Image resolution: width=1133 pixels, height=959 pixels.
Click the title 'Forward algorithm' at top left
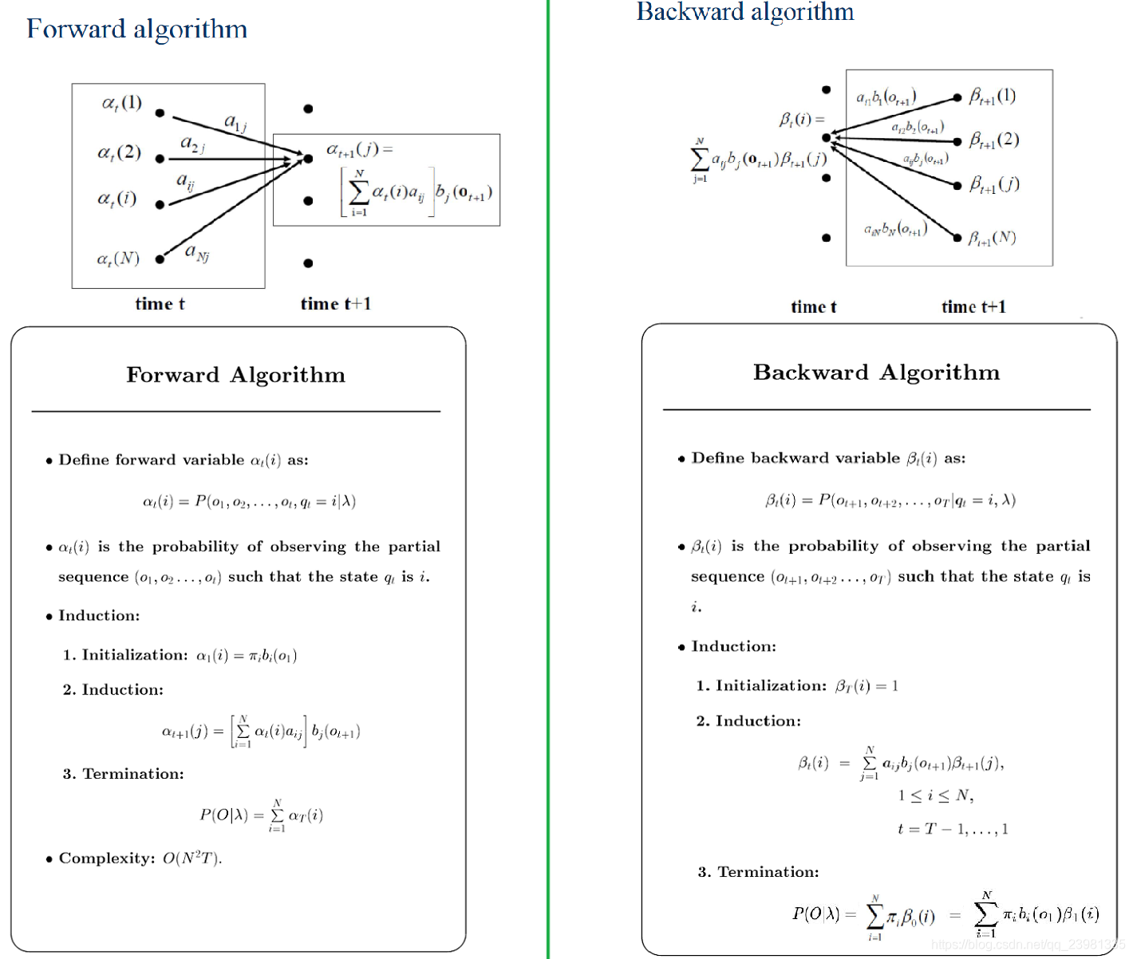(x=136, y=30)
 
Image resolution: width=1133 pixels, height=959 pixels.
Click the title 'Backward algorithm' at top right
(x=744, y=12)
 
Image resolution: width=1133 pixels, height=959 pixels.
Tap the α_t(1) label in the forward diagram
(x=122, y=103)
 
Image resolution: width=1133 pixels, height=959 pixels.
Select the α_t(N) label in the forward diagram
(x=118, y=258)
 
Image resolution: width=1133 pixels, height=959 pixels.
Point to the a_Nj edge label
(x=197, y=253)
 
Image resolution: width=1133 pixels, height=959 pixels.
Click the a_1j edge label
(x=235, y=122)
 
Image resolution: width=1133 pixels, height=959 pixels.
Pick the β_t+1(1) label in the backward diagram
(x=993, y=97)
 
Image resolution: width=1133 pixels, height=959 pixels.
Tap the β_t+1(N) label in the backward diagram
(x=992, y=238)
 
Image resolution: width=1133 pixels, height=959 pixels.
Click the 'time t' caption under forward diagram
(x=160, y=304)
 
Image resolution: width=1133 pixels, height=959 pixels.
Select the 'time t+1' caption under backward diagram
(x=973, y=307)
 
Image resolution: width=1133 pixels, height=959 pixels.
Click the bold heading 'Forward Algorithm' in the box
(x=235, y=375)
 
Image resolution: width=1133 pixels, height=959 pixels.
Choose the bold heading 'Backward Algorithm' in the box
(x=876, y=373)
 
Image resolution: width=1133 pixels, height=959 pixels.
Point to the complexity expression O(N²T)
(x=192, y=858)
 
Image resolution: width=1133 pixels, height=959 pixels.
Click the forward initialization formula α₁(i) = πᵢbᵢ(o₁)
(x=247, y=656)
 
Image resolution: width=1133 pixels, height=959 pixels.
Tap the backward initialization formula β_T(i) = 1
(x=867, y=686)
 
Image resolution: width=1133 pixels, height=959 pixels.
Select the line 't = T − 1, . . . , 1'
(x=953, y=829)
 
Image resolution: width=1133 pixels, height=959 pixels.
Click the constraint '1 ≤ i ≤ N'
(x=935, y=795)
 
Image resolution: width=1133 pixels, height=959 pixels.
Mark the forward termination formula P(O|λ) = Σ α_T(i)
(x=261, y=815)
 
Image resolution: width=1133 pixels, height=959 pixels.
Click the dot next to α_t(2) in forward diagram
(x=160, y=159)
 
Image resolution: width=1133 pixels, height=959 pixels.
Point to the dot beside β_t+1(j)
(x=957, y=186)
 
